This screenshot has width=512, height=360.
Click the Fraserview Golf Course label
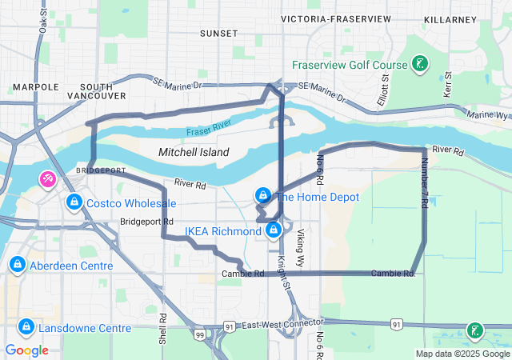point(350,65)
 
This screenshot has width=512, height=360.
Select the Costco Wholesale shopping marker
point(74,202)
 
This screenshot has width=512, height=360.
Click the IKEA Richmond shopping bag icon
point(274,231)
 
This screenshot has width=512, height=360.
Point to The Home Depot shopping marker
point(262,196)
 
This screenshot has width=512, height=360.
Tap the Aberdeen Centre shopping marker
point(17,265)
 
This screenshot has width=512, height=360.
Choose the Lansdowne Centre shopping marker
point(26,327)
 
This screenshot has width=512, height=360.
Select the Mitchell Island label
point(194,152)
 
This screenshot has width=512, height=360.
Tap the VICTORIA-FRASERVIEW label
point(336,18)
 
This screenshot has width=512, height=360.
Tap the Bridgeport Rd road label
point(147,222)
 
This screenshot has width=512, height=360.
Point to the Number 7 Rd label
point(424,183)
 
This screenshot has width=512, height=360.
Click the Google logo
point(26,350)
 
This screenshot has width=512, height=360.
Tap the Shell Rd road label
point(163,328)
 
